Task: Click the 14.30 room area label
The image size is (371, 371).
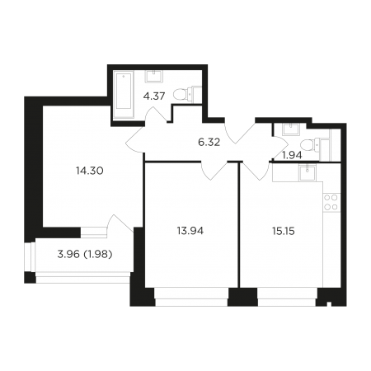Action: click(x=90, y=171)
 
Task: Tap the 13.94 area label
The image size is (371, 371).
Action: click(x=190, y=231)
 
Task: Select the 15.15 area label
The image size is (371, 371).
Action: click(x=284, y=231)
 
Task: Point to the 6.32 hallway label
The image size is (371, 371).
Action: click(x=209, y=143)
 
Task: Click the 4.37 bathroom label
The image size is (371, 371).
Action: click(x=154, y=96)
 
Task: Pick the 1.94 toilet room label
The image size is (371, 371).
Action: click(x=292, y=156)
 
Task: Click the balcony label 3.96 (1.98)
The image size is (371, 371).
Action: click(x=85, y=255)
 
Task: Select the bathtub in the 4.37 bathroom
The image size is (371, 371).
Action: click(x=124, y=95)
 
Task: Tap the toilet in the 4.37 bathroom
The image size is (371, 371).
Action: click(x=187, y=94)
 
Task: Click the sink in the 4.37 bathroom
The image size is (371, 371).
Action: click(x=155, y=76)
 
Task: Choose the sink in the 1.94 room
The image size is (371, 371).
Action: click(x=292, y=129)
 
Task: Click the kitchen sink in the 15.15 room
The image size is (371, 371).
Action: click(x=308, y=172)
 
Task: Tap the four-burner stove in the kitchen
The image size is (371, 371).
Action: click(x=331, y=202)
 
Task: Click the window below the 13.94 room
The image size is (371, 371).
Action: click(x=191, y=297)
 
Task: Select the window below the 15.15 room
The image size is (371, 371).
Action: click(x=288, y=297)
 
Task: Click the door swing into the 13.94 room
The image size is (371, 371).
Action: click(x=214, y=171)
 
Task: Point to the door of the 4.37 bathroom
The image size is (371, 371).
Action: click(x=156, y=115)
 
